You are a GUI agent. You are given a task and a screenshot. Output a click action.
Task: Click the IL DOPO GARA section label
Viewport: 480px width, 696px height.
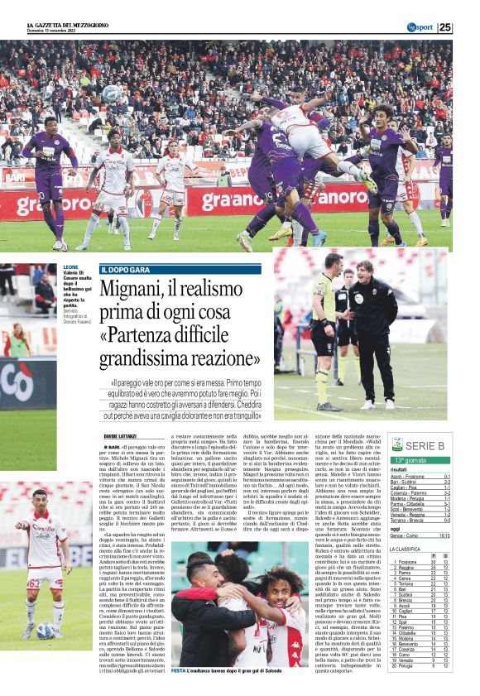point(131,270)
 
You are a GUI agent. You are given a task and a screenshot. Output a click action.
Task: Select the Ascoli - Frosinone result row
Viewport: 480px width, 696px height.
point(421,477)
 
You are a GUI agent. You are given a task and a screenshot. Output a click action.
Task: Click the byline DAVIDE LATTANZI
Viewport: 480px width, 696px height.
point(120,434)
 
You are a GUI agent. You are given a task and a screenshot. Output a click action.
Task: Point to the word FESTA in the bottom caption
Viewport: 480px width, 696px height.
point(178,670)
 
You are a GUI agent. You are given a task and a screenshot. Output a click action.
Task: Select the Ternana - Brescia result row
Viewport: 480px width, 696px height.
point(421,521)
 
